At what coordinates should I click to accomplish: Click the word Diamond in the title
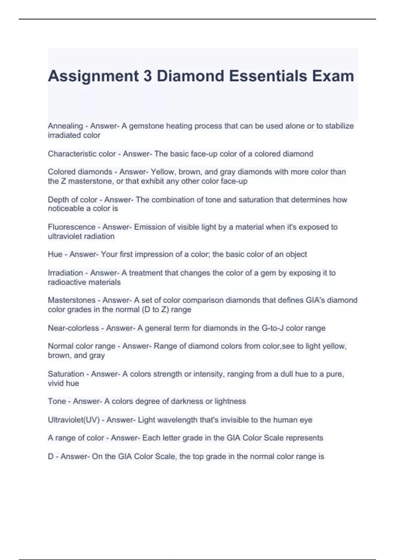(x=190, y=76)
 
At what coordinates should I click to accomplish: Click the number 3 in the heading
(x=147, y=76)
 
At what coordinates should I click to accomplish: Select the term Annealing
(x=65, y=126)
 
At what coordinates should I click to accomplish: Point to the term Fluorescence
(x=71, y=227)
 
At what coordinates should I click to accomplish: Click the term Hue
(x=55, y=254)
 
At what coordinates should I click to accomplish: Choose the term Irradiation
(x=65, y=273)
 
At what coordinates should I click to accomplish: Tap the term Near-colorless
(x=73, y=328)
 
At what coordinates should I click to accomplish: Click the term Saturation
(x=66, y=374)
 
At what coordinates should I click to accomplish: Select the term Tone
(x=57, y=401)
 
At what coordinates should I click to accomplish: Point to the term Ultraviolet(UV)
(x=73, y=420)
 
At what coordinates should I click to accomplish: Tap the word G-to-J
(x=272, y=328)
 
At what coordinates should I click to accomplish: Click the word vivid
(x=55, y=383)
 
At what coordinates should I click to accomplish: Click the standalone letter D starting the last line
(x=51, y=457)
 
